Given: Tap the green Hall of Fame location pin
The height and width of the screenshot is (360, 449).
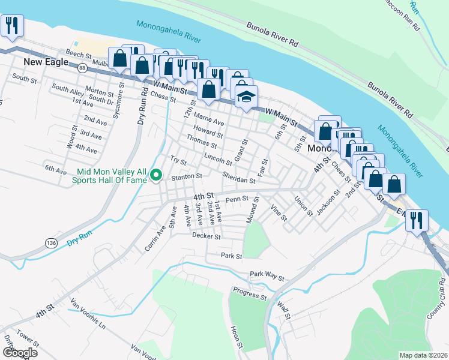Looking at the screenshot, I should [x=156, y=175].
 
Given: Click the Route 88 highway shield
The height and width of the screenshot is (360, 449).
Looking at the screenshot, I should [x=82, y=69].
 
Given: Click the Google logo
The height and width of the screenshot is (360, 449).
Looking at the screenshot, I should [x=20, y=353].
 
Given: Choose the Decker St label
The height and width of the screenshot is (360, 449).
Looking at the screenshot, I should [x=206, y=236].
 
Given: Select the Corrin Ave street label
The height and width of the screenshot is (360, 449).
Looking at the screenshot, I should [x=154, y=239].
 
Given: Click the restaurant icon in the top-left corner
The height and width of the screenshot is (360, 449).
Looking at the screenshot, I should [x=11, y=27].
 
